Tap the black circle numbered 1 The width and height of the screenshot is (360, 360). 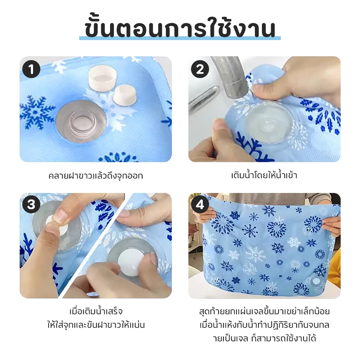pyautogui.click(x=31, y=69)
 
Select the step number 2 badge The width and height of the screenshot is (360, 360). pyautogui.click(x=200, y=69)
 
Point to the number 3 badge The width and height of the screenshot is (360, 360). pyautogui.click(x=31, y=204)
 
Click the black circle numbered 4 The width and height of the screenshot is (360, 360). pyautogui.click(x=200, y=204)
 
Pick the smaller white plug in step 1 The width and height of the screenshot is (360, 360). pyautogui.click(x=124, y=95)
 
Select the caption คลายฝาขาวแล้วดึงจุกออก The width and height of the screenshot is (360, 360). pyautogui.click(x=96, y=176)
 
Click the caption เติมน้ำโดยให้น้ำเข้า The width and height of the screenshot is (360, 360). pyautogui.click(x=264, y=175)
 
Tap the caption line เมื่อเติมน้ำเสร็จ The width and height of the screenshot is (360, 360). pyautogui.click(x=96, y=311)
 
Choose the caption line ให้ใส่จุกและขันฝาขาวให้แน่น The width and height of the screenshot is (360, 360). pyautogui.click(x=96, y=325)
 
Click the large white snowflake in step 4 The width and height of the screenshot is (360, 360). pyautogui.click(x=256, y=255)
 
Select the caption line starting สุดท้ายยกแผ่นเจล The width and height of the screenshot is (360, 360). pyautogui.click(x=264, y=311)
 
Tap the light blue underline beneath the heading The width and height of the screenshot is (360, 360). pyautogui.click(x=180, y=38)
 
